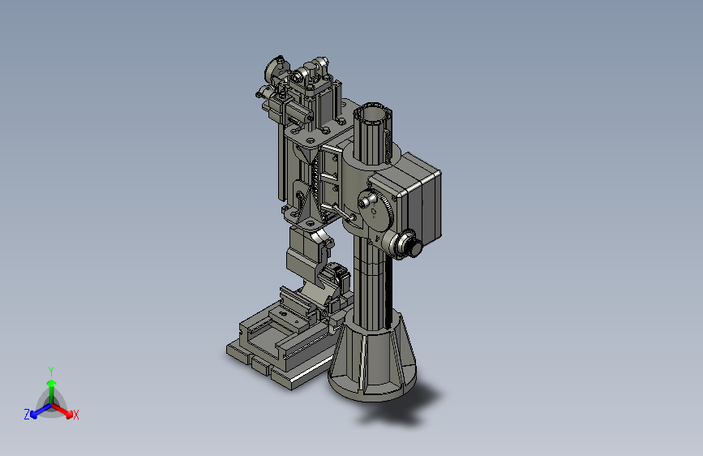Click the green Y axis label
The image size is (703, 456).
51,371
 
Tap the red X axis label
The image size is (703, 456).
75,415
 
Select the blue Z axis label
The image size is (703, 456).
27,415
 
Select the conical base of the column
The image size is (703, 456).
373,355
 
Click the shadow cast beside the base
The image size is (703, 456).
404,407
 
